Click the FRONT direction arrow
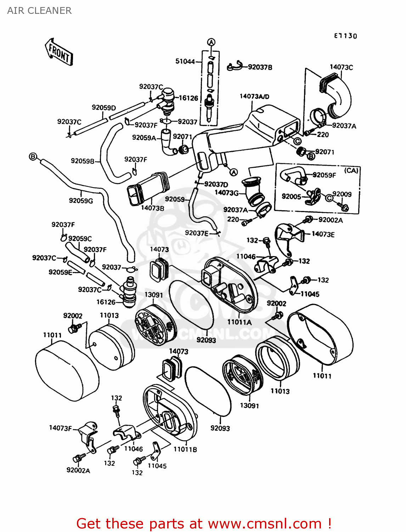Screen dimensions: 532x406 (59, 52)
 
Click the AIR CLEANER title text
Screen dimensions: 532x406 (39, 11)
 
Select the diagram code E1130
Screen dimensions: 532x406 (345, 36)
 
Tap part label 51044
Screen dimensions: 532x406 (185, 61)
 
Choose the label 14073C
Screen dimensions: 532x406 (341, 67)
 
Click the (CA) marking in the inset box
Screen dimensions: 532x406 (351, 171)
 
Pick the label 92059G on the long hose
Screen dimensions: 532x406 (81, 201)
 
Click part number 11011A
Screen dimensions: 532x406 (239, 322)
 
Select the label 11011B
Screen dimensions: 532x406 (185, 449)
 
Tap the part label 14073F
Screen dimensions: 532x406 (61, 428)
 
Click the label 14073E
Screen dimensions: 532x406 (323, 234)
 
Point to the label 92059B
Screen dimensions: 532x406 (83, 161)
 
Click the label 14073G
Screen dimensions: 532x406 (227, 193)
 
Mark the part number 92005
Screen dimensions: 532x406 (291, 196)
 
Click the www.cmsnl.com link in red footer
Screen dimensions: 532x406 (264, 523)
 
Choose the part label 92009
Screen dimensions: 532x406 (342, 194)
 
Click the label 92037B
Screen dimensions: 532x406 (260, 67)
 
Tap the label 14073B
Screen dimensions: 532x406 (152, 208)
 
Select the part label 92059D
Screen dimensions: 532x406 (104, 107)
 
